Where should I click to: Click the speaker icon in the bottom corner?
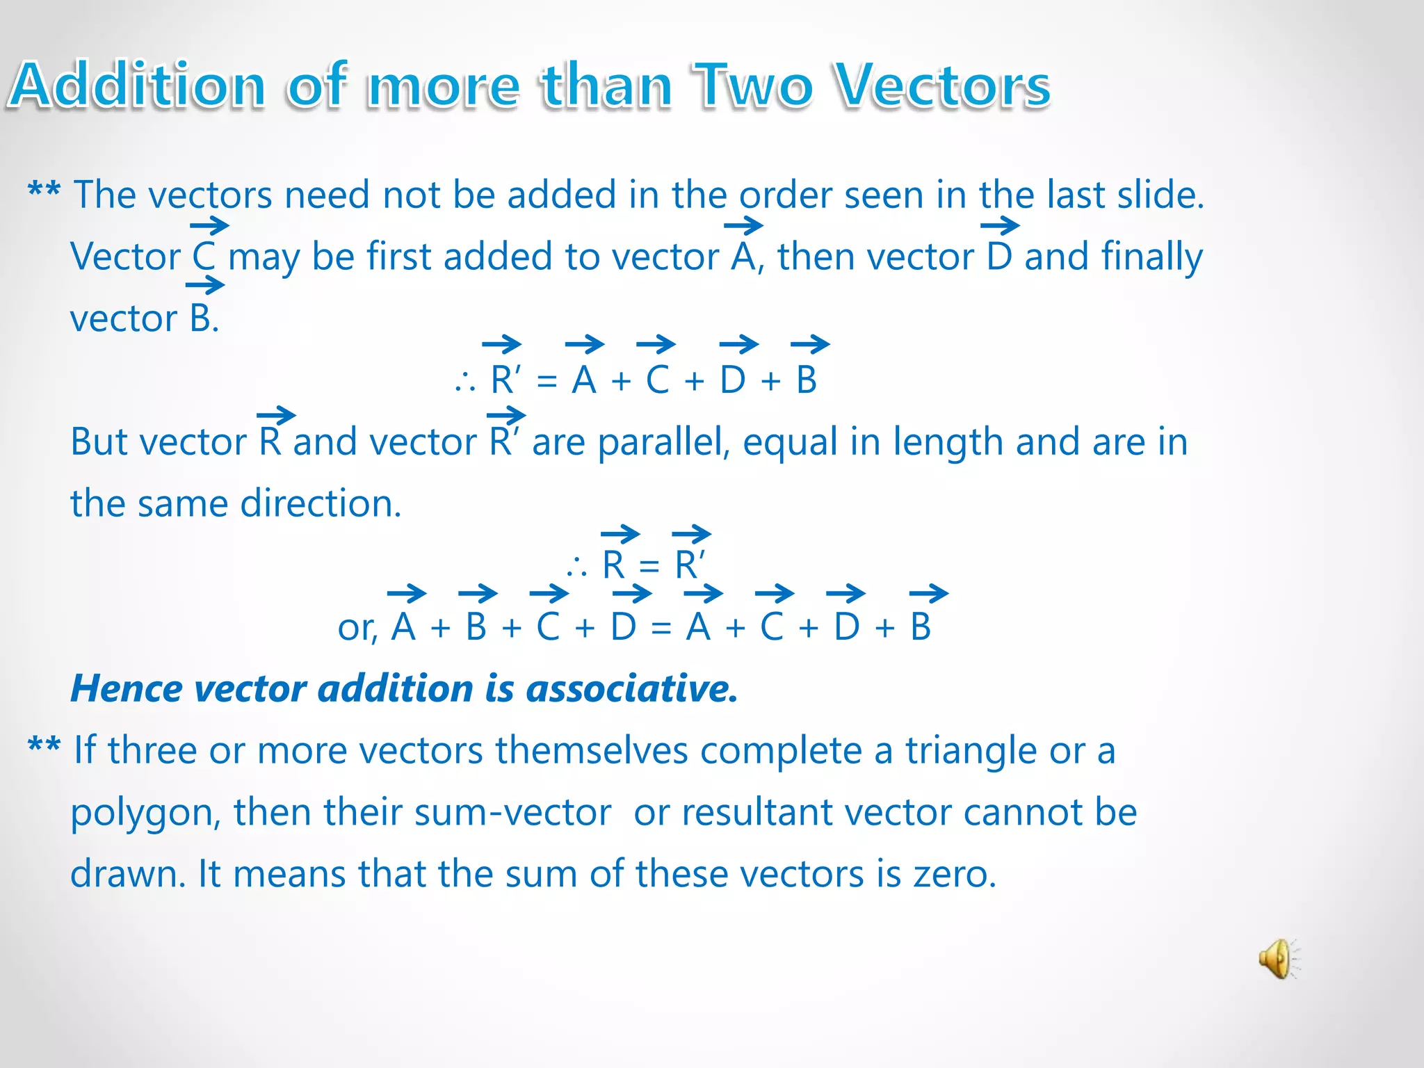(1278, 959)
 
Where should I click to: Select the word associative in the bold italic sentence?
(631, 688)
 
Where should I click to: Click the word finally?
(1152, 257)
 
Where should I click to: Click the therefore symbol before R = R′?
(576, 567)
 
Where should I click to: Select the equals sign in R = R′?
(649, 566)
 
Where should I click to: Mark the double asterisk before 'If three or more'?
(44, 747)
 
